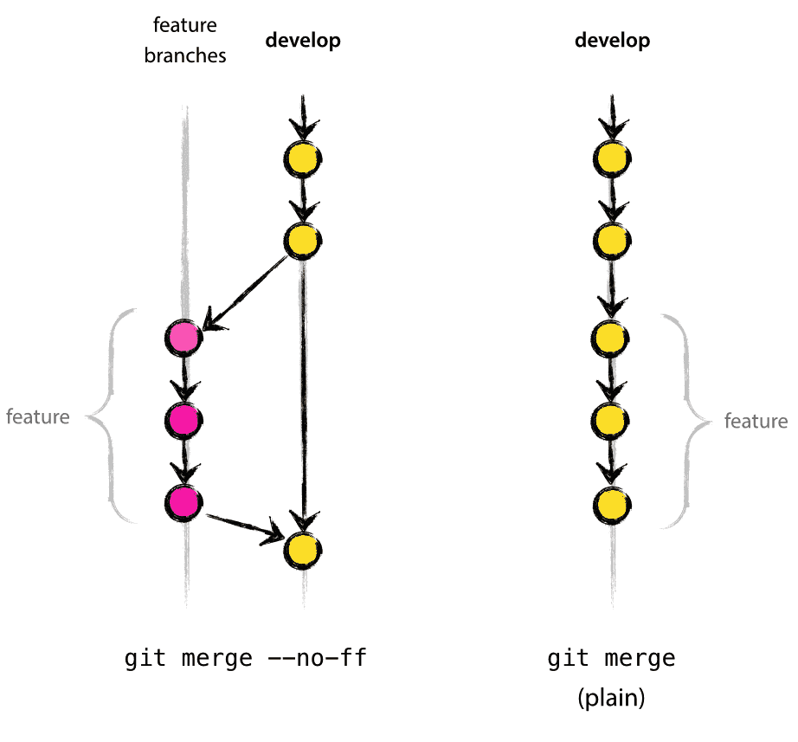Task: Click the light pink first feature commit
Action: coord(183,338)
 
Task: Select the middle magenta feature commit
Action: coord(183,420)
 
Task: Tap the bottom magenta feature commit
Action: coord(183,501)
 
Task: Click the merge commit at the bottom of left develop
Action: coord(303,549)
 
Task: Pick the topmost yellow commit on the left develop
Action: coord(302,158)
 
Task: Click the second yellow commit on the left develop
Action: coord(302,240)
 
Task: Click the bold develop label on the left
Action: coord(302,41)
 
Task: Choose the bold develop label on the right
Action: coord(613,41)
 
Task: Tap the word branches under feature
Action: coord(185,56)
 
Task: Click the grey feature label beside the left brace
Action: coord(37,417)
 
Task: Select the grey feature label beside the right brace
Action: coord(756,423)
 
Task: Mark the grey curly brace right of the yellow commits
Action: coord(684,422)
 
